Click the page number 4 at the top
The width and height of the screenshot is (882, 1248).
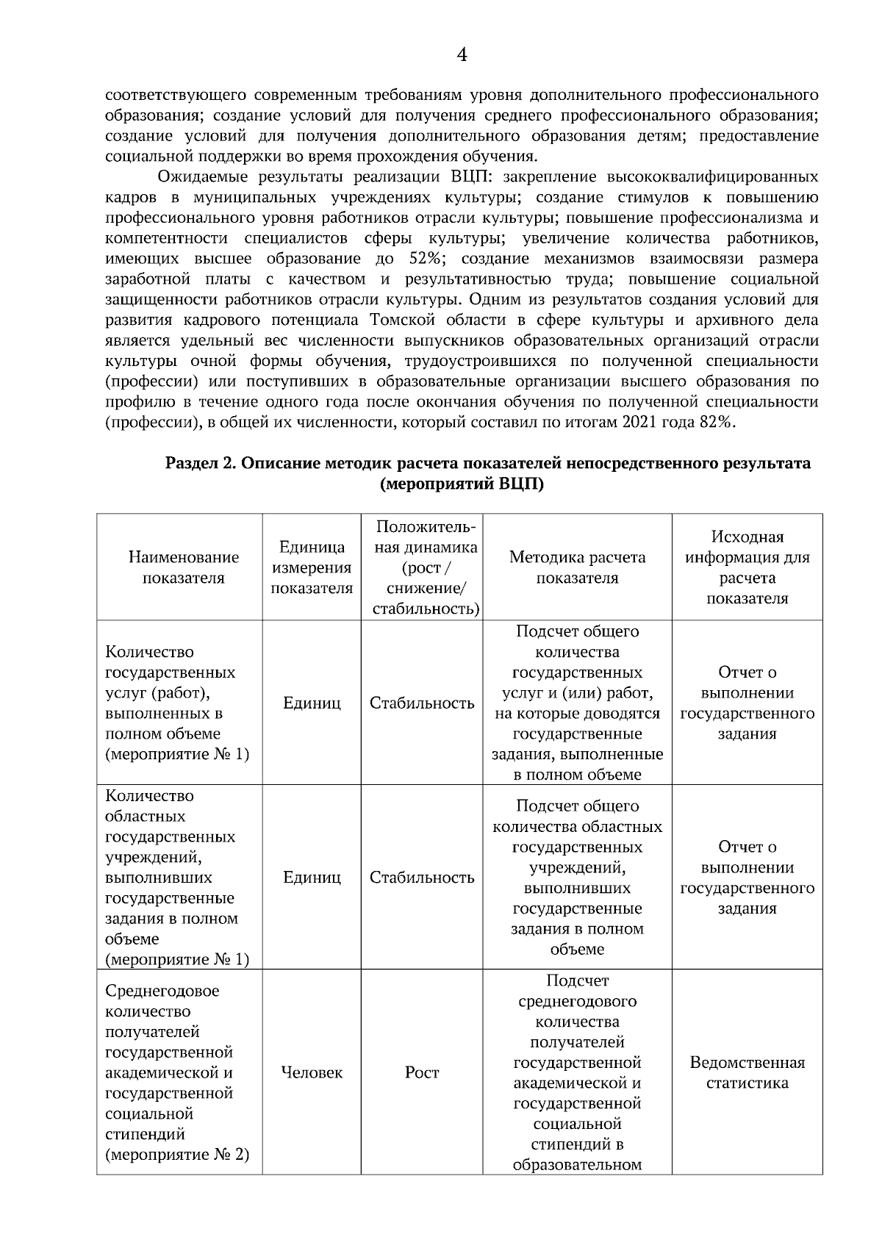pos(462,54)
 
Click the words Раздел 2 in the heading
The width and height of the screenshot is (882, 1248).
pos(199,463)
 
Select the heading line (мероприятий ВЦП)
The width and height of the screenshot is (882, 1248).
pos(462,484)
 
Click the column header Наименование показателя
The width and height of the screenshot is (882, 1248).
pos(183,567)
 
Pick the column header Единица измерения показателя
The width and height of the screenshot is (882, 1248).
pos(312,567)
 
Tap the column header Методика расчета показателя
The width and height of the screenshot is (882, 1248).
pos(577,567)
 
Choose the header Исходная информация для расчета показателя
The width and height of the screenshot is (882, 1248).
pos(747,567)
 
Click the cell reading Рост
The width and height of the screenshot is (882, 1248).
pos(422,1072)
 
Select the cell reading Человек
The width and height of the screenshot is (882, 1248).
pos(312,1072)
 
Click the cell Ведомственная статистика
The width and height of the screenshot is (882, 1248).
pos(747,1072)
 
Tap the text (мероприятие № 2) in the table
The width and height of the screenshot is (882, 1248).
pos(177,1154)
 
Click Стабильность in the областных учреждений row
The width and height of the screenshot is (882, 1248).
pos(422,878)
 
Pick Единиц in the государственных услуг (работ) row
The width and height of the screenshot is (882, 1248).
pos(312,703)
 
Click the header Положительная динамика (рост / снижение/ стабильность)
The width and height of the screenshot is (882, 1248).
pos(422,567)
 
